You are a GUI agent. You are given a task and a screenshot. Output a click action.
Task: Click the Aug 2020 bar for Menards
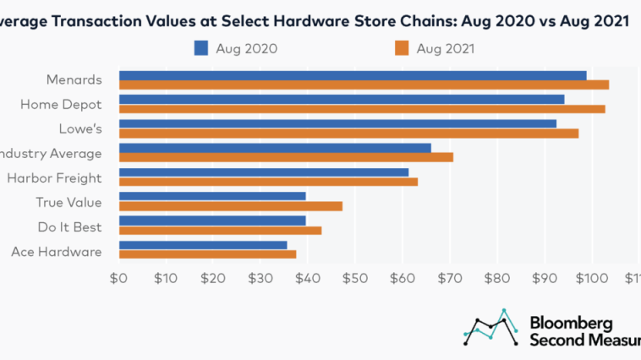(x=353, y=76)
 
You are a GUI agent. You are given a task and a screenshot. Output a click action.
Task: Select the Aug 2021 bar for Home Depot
(x=362, y=109)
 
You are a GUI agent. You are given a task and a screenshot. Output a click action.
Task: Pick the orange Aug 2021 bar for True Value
(x=231, y=206)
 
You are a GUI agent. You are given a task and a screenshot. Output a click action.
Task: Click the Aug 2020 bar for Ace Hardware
(x=203, y=245)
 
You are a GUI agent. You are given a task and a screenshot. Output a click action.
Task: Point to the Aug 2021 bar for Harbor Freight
(x=268, y=182)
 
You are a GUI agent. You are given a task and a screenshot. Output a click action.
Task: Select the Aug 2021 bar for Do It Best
(x=220, y=230)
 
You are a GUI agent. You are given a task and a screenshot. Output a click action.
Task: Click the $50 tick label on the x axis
(x=355, y=278)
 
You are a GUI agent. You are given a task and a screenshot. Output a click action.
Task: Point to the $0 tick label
(x=118, y=278)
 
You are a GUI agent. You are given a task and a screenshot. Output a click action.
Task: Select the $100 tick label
(x=591, y=278)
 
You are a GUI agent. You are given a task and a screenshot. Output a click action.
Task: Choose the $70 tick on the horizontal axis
(x=450, y=278)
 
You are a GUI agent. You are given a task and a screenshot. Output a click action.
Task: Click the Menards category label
(x=74, y=81)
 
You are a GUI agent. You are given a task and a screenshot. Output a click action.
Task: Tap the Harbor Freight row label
(x=54, y=178)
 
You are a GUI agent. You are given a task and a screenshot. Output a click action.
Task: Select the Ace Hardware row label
(x=57, y=251)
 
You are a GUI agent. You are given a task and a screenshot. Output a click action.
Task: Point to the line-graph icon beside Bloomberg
(x=491, y=327)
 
